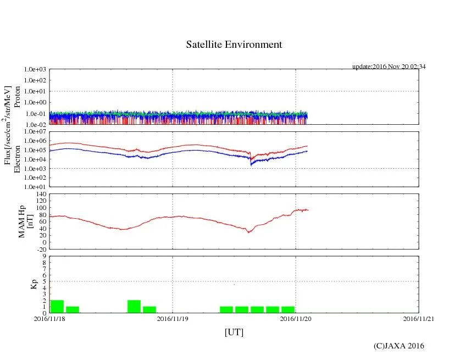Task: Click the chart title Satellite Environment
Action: [x=234, y=45]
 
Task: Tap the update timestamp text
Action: [x=389, y=67]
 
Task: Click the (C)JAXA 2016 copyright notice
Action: [x=398, y=346]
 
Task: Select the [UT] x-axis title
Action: [x=234, y=332]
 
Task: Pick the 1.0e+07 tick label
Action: [x=35, y=131]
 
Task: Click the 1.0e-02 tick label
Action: [x=35, y=124]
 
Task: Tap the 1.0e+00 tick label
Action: [x=35, y=102]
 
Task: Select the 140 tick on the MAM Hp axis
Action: [x=40, y=195]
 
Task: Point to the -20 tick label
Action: [x=40, y=249]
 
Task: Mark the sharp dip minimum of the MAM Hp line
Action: [x=249, y=232]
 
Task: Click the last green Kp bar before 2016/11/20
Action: [x=288, y=309]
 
